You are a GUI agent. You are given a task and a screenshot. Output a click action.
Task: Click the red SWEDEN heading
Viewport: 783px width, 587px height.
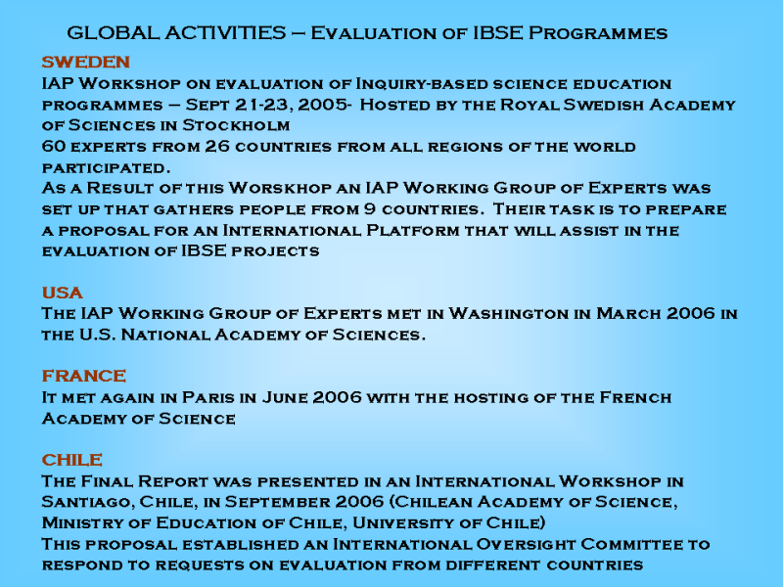(x=86, y=62)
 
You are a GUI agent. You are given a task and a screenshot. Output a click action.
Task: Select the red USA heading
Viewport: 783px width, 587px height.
(x=63, y=293)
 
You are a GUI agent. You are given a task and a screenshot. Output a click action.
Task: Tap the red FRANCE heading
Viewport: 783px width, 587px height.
(x=84, y=376)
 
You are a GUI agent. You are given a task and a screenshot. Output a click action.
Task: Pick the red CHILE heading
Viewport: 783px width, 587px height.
(x=72, y=459)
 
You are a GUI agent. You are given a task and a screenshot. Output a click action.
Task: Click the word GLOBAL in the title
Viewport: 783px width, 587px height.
(x=113, y=33)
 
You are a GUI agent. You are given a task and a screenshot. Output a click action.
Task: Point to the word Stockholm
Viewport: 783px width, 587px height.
(x=236, y=125)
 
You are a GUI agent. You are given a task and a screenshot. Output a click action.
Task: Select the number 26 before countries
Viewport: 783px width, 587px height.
(x=217, y=146)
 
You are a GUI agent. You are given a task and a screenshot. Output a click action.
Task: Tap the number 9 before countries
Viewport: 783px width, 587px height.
(x=370, y=208)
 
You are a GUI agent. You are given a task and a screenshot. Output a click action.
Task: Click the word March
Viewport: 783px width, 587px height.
(x=626, y=313)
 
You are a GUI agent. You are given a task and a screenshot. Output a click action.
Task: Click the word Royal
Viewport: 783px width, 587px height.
(x=530, y=105)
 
